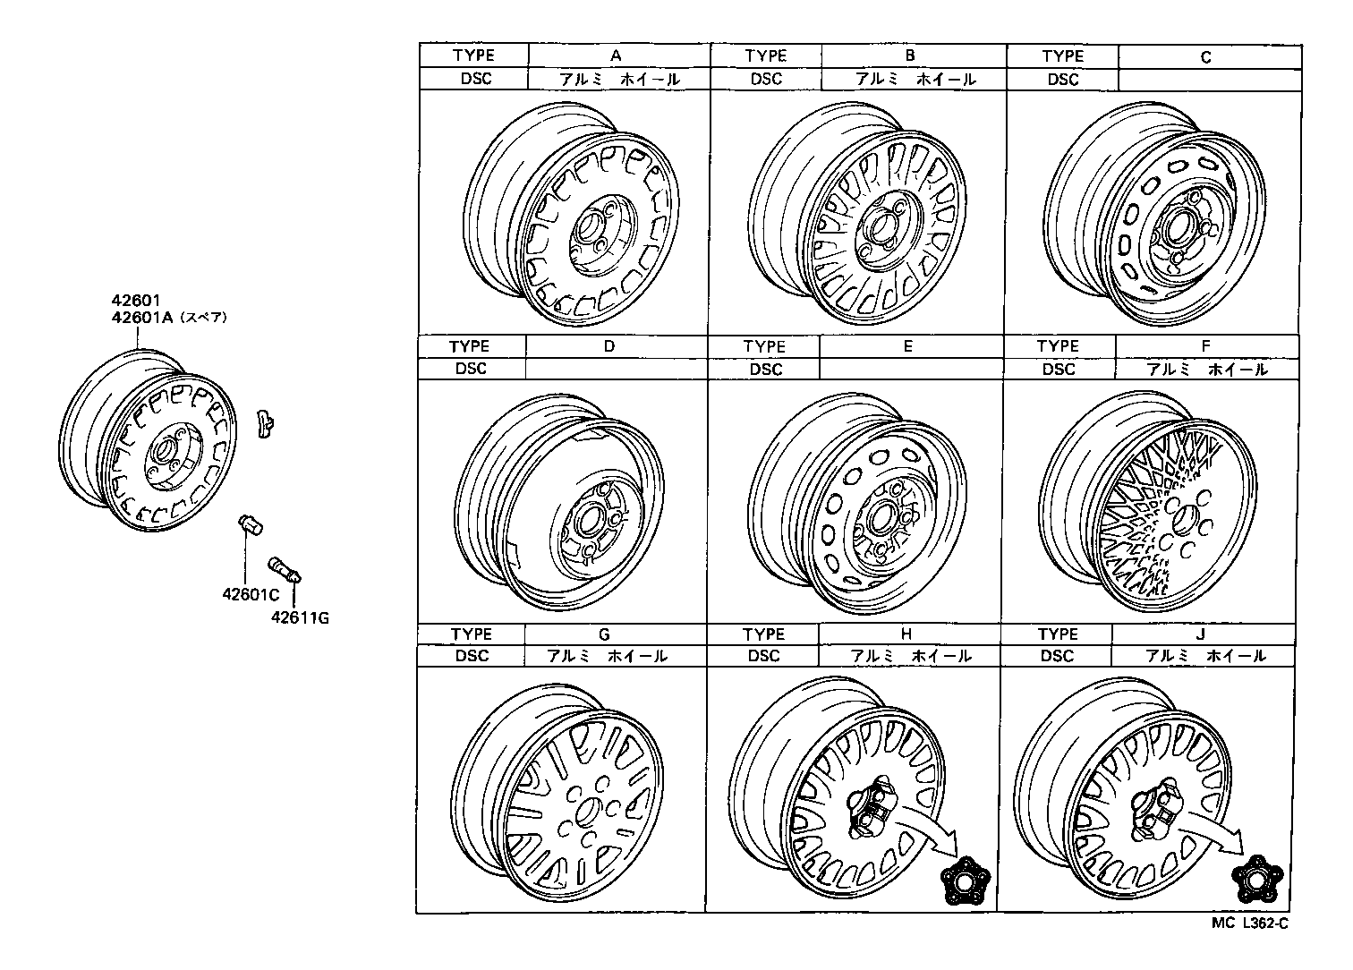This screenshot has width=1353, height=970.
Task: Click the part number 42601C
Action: (x=251, y=594)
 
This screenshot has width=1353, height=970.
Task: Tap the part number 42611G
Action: (x=300, y=617)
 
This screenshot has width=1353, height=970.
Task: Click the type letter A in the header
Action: (x=616, y=55)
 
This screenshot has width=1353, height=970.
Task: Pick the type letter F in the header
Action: (x=1205, y=346)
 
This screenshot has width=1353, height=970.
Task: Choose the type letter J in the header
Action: (x=1200, y=634)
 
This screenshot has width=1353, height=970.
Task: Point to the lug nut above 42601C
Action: (x=250, y=525)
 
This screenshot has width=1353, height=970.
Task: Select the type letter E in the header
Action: (x=907, y=346)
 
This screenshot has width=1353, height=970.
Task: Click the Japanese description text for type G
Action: (x=607, y=656)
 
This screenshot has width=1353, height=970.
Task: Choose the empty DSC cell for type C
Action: (x=1209, y=79)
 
